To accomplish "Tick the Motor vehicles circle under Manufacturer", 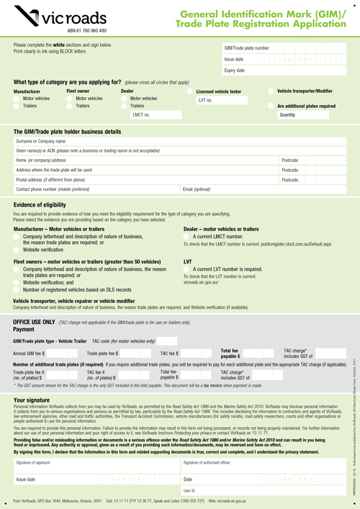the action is point(17,99).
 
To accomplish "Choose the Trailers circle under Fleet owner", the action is point(71,106).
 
